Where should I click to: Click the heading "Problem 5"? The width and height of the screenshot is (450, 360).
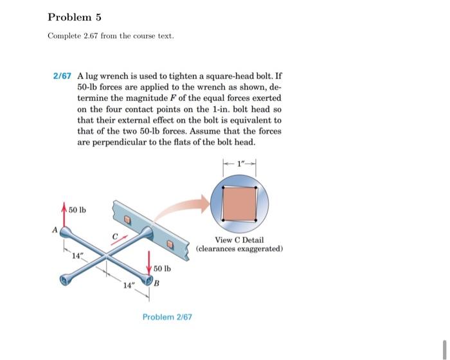tap(75, 16)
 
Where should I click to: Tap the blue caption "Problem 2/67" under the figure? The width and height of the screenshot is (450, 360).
tap(166, 317)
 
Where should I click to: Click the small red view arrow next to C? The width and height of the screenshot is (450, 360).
tap(120, 244)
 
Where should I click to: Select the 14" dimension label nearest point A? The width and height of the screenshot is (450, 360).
tap(78, 255)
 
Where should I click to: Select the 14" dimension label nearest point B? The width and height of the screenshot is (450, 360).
tap(129, 285)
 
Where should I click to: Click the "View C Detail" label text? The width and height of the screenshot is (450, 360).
tap(239, 240)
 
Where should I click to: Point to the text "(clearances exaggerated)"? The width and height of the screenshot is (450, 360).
tap(239, 249)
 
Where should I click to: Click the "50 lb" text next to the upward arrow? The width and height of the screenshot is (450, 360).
tap(78, 210)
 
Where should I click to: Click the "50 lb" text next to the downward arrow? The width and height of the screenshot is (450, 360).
tap(162, 268)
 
